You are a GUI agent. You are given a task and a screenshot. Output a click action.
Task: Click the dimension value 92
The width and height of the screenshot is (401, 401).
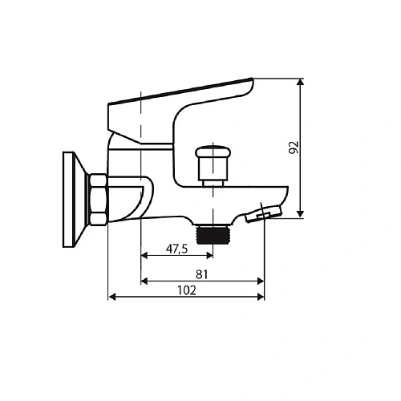[x=294, y=147]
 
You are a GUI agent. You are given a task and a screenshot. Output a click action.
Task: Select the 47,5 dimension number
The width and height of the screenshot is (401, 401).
[x=176, y=249]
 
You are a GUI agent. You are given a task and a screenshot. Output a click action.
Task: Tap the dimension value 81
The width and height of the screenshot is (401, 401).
[x=202, y=273]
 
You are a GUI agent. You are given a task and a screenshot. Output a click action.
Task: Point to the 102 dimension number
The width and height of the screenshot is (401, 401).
[x=186, y=290]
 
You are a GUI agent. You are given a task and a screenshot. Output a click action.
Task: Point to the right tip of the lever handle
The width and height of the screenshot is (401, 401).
[x=251, y=83]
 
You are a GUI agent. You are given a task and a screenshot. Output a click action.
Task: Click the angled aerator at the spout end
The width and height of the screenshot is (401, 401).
[x=264, y=213]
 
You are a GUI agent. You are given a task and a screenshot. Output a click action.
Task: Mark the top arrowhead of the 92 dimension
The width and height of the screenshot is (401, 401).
[x=302, y=80]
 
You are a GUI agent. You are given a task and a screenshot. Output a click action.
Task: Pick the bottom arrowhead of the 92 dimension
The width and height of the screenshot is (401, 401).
[x=302, y=213]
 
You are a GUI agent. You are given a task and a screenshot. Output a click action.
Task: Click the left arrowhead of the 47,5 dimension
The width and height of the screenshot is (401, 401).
[x=144, y=257]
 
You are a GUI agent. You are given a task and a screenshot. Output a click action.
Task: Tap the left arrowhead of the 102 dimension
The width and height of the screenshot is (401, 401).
[x=111, y=298]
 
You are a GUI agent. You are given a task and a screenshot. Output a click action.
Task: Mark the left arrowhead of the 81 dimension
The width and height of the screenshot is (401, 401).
[x=144, y=281]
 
